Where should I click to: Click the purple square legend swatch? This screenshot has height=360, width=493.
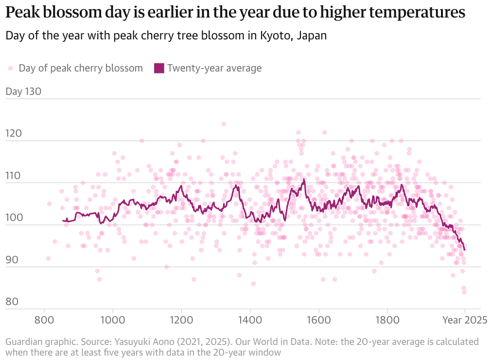coord(159,68)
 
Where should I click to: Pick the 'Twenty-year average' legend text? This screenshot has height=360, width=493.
coord(214,68)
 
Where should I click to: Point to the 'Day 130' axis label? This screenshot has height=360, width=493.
coord(23,91)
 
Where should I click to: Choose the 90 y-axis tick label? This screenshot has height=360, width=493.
coord(12,259)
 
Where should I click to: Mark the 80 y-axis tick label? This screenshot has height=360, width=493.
coord(12,302)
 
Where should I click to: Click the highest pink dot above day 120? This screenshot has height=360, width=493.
coord(224,124)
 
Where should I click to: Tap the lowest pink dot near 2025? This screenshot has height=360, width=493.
coord(464,292)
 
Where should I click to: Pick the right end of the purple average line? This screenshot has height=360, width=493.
coord(465,250)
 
